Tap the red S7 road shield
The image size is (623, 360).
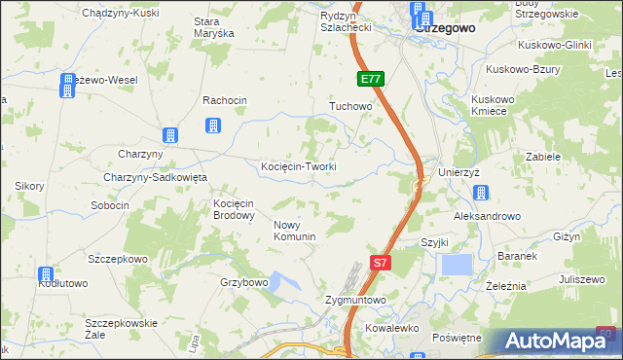383,262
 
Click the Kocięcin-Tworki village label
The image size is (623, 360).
299,166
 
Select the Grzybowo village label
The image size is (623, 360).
243,283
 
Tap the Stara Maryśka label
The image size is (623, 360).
214,26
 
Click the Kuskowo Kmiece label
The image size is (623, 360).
495,105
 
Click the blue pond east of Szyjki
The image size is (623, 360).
456,265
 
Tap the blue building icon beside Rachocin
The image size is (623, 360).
213,126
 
